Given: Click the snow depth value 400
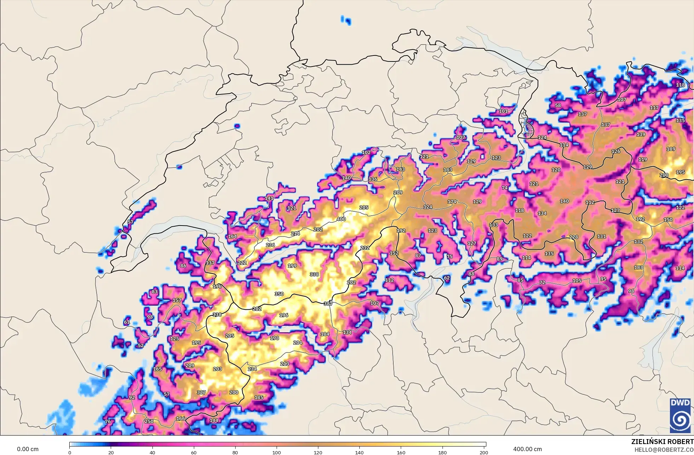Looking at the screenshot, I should (341, 219).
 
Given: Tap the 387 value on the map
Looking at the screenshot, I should (328, 304).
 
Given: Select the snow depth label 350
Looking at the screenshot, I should (279, 294).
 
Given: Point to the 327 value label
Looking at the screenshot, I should (201, 392).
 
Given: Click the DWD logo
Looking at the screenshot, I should (680, 415).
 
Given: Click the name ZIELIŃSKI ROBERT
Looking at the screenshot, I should (662, 442).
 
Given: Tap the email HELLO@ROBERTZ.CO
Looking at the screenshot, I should (664, 450).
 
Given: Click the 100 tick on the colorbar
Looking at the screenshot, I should (277, 453).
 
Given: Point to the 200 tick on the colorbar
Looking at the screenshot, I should (484, 453).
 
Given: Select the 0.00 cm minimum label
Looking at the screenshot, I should (28, 449).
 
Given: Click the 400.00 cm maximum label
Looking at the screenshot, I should (527, 449).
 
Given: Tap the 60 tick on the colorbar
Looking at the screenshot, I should (194, 453).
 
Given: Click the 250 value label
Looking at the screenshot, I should (149, 421).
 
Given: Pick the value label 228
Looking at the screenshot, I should (573, 237).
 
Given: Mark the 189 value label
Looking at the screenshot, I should (671, 149).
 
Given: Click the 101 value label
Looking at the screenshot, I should (503, 111).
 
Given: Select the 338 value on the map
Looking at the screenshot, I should (314, 274).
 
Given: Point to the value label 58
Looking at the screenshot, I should (558, 105).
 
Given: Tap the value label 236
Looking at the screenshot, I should (270, 245).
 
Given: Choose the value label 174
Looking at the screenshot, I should (452, 202).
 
